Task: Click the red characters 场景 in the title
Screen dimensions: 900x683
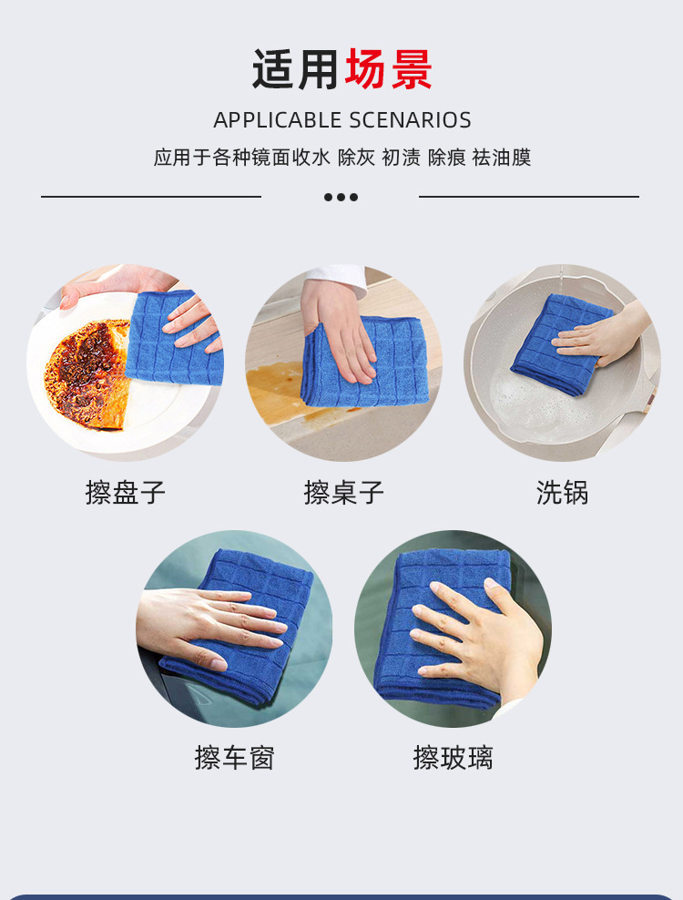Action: (388, 70)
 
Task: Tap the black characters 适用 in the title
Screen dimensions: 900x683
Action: (297, 70)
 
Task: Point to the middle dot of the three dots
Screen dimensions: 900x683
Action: (341, 197)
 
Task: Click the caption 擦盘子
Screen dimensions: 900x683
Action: (125, 493)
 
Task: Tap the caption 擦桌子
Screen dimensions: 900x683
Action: (343, 493)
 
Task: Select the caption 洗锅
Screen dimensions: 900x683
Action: (562, 493)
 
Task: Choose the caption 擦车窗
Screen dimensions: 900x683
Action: (234, 757)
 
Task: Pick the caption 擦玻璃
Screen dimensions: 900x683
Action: (453, 757)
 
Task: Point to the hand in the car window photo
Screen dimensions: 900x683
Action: (205, 624)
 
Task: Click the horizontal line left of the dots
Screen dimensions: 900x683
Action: (150, 196)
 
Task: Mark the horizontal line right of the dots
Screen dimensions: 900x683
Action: (528, 196)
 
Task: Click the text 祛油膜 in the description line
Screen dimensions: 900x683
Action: (501, 158)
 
